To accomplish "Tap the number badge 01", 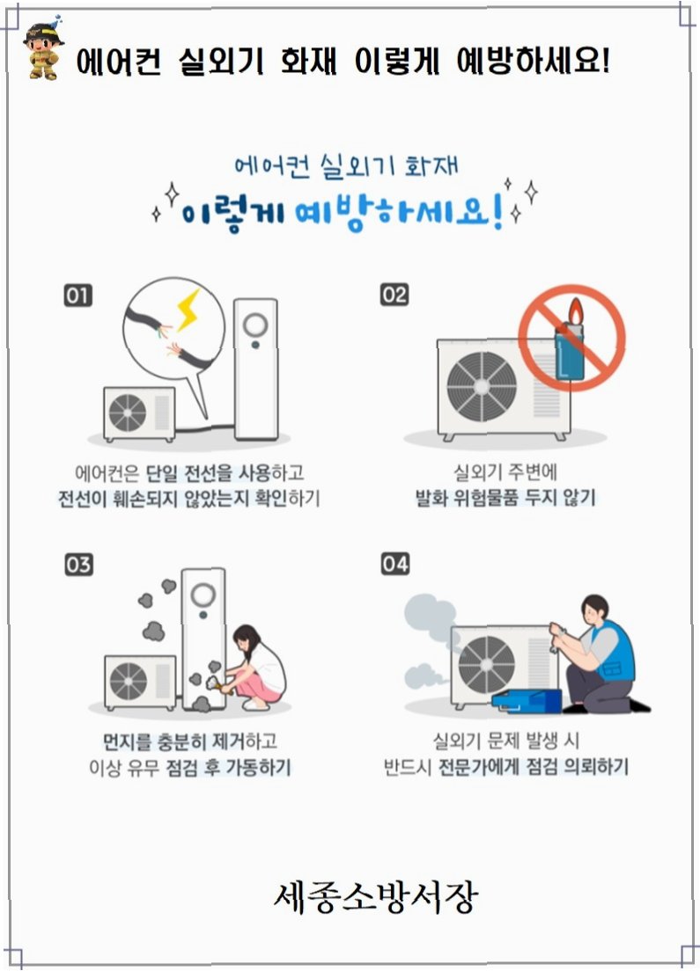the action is pyautogui.click(x=78, y=296).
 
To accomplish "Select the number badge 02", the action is pyautogui.click(x=394, y=295).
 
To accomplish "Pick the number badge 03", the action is pyautogui.click(x=78, y=565).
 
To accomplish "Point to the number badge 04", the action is pyautogui.click(x=395, y=564).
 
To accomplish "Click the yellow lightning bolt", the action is pyautogui.click(x=188, y=310).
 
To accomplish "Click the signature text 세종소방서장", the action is pyautogui.click(x=376, y=896).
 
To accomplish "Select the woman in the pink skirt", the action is pyautogui.click(x=256, y=668).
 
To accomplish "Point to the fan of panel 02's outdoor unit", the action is pyautogui.click(x=482, y=386).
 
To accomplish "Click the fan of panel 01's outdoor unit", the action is pyautogui.click(x=128, y=412).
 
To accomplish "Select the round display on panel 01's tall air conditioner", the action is pyautogui.click(x=255, y=325).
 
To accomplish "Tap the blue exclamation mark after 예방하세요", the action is pyautogui.click(x=497, y=210).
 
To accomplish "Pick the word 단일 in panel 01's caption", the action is pyautogui.click(x=162, y=474).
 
